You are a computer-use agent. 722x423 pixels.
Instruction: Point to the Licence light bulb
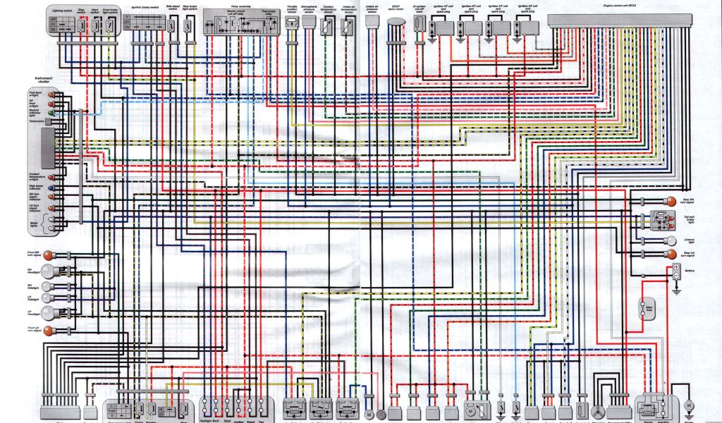point(671,239)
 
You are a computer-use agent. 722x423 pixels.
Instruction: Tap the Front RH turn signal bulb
point(50,254)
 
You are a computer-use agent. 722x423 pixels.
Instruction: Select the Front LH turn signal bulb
point(50,331)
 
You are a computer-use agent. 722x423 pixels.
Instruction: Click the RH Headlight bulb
point(48,270)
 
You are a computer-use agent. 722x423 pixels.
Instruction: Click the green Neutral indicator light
point(51,112)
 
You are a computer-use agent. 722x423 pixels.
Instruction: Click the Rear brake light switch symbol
point(187,25)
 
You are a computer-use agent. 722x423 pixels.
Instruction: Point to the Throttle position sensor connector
point(291,22)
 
